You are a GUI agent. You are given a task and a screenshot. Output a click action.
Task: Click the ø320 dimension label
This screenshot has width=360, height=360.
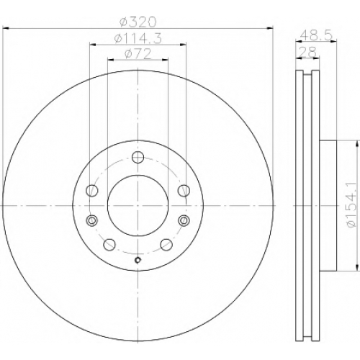point(138,22)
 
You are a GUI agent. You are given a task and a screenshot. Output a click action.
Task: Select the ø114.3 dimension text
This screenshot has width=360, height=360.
point(138,38)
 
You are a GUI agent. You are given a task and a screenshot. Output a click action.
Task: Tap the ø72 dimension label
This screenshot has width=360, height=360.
point(138,53)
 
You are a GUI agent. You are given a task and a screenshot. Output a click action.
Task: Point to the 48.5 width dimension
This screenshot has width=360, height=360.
point(317,36)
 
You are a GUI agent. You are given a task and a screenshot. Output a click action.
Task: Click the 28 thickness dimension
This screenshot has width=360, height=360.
point(308,52)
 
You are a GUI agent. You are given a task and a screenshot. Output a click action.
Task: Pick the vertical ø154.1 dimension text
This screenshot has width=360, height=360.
point(352,205)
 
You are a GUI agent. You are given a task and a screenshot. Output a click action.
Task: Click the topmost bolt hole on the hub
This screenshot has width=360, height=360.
point(138,158)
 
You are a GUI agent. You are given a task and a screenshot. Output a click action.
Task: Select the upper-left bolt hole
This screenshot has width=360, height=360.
point(91,191)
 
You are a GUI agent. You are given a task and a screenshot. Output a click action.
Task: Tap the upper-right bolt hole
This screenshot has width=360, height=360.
point(184,191)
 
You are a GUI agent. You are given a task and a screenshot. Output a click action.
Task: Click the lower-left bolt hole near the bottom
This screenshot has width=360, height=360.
point(109,245)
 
